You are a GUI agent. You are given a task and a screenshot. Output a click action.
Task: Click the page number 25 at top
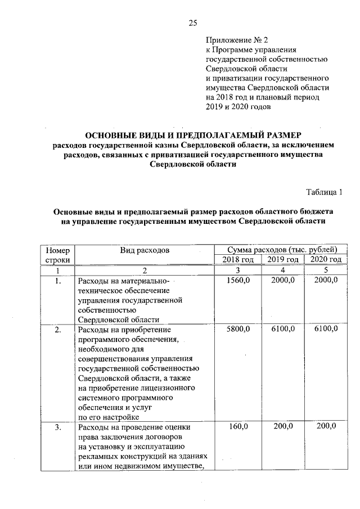[x=192, y=23]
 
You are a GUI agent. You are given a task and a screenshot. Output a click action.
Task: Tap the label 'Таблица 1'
[x=323, y=193]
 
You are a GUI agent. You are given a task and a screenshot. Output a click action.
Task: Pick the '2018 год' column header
[x=238, y=259]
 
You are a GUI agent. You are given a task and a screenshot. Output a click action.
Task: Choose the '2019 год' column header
[x=282, y=259]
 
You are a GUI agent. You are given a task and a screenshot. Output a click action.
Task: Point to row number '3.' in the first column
[x=57, y=427]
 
